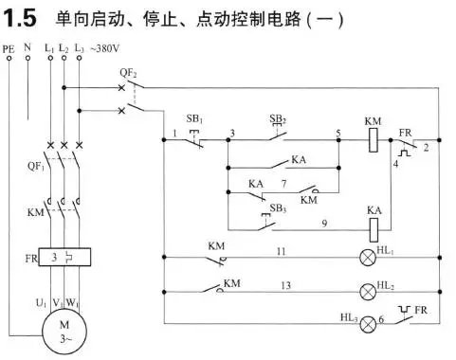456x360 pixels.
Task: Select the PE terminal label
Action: [x=9, y=46]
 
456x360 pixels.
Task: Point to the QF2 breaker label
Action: [x=129, y=73]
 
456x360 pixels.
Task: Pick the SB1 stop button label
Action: [x=194, y=119]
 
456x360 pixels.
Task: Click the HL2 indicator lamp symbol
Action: [x=366, y=289]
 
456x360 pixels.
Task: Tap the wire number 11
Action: [x=281, y=250]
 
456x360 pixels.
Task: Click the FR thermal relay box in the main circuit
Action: [x=63, y=258]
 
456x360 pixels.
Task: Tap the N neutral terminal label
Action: [x=27, y=46]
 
